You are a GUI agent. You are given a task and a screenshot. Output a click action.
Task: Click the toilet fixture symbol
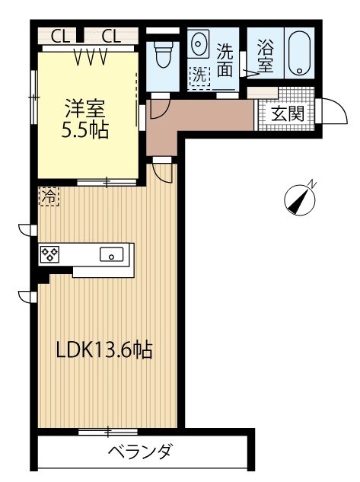162,54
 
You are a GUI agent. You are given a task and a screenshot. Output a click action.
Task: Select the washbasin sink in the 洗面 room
199,43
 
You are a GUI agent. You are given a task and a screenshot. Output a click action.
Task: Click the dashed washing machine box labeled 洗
199,76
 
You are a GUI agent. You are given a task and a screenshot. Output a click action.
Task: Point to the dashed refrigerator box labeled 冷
49,196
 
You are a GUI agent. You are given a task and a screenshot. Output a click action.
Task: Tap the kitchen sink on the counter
112,254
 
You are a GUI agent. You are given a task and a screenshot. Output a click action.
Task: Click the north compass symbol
299,199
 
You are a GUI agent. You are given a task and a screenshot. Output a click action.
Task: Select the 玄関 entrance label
288,113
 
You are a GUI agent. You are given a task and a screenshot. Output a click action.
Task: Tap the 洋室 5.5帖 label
85,120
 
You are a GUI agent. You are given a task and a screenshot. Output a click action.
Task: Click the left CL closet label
59,36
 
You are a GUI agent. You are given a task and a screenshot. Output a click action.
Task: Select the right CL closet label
110,36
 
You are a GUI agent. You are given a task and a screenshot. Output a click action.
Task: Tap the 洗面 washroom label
225,60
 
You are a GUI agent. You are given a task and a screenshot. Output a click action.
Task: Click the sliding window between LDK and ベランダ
107,433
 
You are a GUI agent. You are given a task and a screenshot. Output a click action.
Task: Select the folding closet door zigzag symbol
91,57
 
